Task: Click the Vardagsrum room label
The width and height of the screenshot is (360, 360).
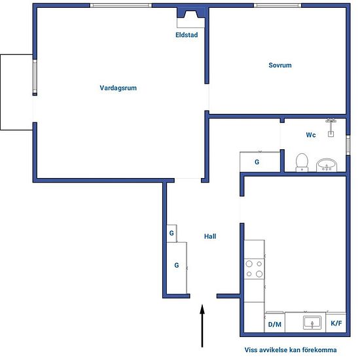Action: (118, 88)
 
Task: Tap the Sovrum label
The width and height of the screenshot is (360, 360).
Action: (280, 65)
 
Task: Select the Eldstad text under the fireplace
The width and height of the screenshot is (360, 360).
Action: (187, 35)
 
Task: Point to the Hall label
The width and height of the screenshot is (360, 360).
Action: (210, 236)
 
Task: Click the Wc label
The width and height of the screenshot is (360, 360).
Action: (311, 135)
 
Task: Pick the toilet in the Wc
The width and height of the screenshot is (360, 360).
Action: (302, 162)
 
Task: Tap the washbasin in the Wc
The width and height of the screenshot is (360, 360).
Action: (327, 165)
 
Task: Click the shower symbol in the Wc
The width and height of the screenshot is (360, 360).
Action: (331, 128)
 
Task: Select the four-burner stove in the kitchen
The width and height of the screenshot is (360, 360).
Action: (254, 269)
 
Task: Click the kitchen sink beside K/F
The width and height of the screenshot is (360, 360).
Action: (312, 322)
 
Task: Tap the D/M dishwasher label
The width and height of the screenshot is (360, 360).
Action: (275, 325)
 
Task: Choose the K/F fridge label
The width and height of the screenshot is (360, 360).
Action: (336, 323)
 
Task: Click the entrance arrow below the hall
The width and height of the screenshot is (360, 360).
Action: (202, 325)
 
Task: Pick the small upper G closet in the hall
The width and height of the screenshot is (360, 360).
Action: (171, 233)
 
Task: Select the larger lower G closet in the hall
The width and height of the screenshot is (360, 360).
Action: (177, 268)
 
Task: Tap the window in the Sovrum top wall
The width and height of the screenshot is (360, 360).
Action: (278, 5)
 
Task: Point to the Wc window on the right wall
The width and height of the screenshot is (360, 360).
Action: (348, 145)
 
